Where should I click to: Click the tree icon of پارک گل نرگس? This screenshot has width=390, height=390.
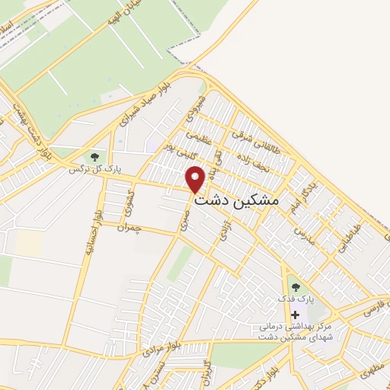94,158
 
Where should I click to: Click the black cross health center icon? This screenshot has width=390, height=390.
295,315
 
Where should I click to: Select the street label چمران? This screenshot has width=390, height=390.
131,226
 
